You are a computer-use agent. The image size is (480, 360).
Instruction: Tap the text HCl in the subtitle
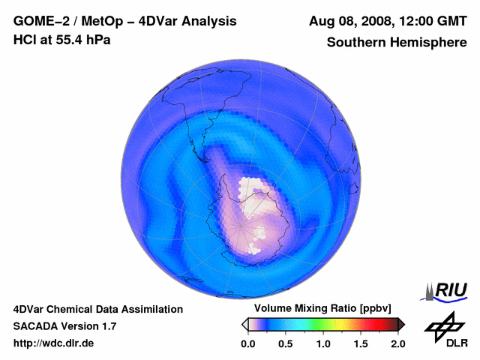(x=25, y=39)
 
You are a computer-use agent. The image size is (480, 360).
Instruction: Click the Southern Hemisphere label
(x=397, y=43)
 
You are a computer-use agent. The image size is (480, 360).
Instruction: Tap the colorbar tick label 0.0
(x=247, y=343)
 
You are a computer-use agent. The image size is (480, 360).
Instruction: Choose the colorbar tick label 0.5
(x=286, y=343)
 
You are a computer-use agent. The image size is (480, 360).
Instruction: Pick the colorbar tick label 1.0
(x=323, y=343)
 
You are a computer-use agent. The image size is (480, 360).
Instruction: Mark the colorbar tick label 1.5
(x=361, y=343)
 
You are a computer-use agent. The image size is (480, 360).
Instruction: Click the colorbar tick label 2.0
(x=397, y=343)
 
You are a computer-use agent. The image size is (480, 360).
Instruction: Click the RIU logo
(x=447, y=290)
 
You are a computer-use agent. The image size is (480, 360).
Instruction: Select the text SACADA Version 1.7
(x=64, y=326)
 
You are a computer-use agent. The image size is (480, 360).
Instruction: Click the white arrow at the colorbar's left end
(x=244, y=324)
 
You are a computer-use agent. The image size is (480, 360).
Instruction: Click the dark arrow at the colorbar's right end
(x=401, y=324)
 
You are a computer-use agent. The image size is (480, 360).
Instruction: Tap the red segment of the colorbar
(x=371, y=324)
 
